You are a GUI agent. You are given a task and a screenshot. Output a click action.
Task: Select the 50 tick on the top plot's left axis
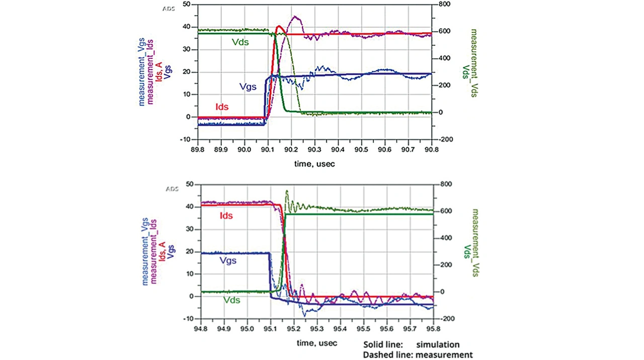187,4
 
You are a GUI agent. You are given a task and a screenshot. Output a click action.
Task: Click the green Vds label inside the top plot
240,42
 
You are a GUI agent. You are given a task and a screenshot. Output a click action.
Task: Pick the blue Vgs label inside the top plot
248,86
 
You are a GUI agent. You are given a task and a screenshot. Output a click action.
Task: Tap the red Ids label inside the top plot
222,107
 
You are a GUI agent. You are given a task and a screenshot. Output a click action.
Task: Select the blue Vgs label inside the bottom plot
228,261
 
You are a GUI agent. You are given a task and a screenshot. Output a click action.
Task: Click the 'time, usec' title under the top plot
314,163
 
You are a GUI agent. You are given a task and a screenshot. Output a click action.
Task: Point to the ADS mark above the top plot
169,9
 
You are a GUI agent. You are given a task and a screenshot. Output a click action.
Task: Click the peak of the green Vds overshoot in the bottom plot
287,191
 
